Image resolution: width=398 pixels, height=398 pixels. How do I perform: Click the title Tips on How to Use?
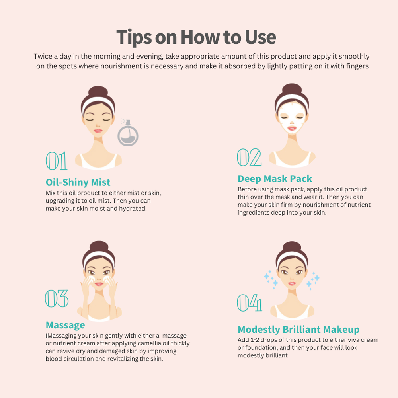pos(196,37)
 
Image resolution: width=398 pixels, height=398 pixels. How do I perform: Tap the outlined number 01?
pos(57,161)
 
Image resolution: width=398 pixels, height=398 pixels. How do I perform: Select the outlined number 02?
pos(249,157)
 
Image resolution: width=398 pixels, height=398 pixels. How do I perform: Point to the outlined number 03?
pos(57,298)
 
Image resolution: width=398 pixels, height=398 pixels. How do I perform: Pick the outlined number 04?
pos(249,303)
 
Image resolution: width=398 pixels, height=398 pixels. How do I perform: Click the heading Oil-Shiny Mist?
pos(78,183)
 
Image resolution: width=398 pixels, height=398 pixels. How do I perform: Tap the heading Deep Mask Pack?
pos(275,179)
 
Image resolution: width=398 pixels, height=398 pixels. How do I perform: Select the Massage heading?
pos(65,325)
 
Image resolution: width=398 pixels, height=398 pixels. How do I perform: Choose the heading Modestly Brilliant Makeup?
pos(299,330)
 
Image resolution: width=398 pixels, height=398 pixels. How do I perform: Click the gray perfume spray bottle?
pos(128,133)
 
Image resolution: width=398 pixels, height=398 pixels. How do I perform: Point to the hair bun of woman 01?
pos(98,91)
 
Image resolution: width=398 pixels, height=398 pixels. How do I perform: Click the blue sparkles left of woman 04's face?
pos(271,280)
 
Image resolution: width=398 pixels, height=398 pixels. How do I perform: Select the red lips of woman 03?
pos(99,284)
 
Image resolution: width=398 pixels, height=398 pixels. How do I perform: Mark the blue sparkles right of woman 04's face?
pos(313,281)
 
